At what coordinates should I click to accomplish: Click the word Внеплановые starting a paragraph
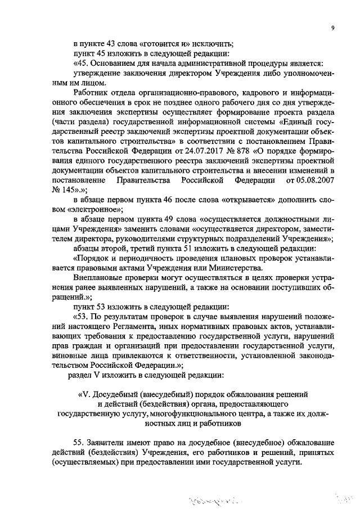pyautogui.click(x=98, y=278)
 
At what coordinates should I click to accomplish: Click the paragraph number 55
pyautogui.click(x=79, y=443)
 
